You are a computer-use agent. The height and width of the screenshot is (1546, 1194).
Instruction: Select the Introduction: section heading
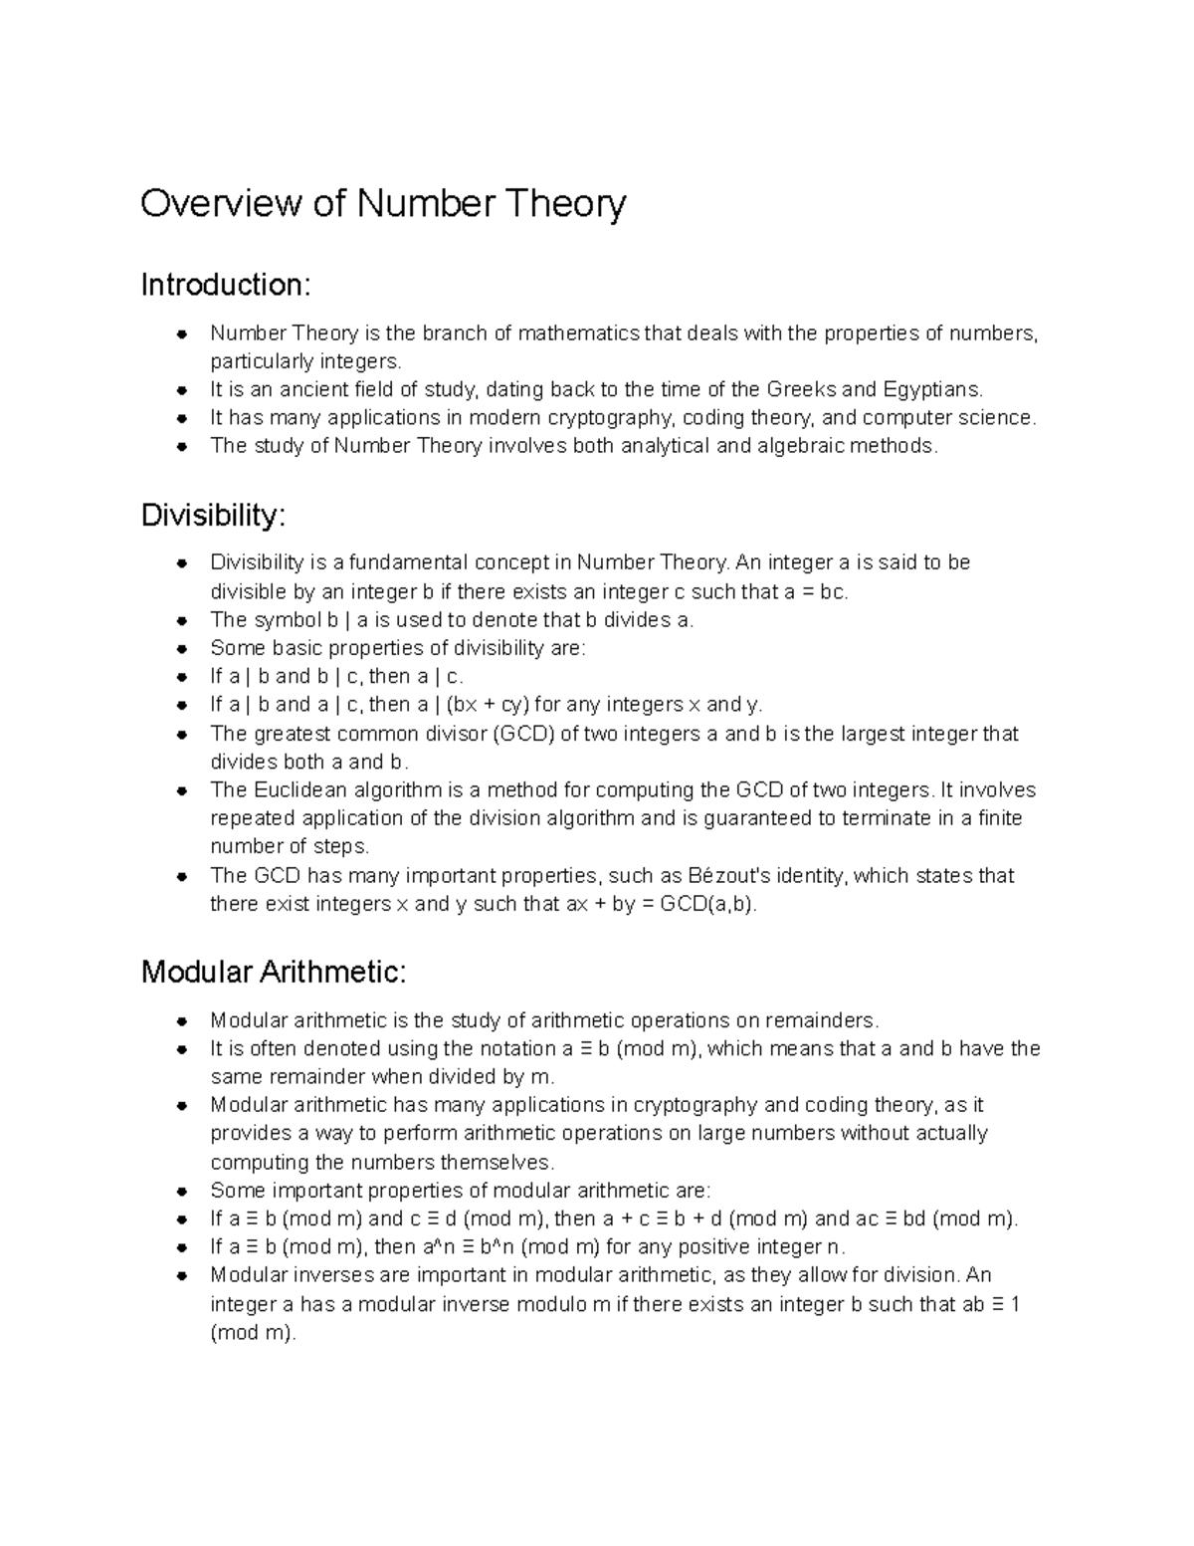click(x=226, y=286)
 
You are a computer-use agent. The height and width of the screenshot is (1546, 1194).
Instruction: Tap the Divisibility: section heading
click(x=213, y=516)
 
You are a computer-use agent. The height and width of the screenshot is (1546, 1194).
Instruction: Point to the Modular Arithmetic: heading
click(x=274, y=972)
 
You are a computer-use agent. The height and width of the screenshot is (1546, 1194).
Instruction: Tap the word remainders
click(x=825, y=1020)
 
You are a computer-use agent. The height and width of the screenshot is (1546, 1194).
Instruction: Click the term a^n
click(x=440, y=1247)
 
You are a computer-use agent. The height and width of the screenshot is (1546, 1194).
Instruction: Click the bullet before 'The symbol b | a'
click(x=181, y=620)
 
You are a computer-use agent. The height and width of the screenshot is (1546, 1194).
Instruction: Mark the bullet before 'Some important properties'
click(x=181, y=1191)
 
